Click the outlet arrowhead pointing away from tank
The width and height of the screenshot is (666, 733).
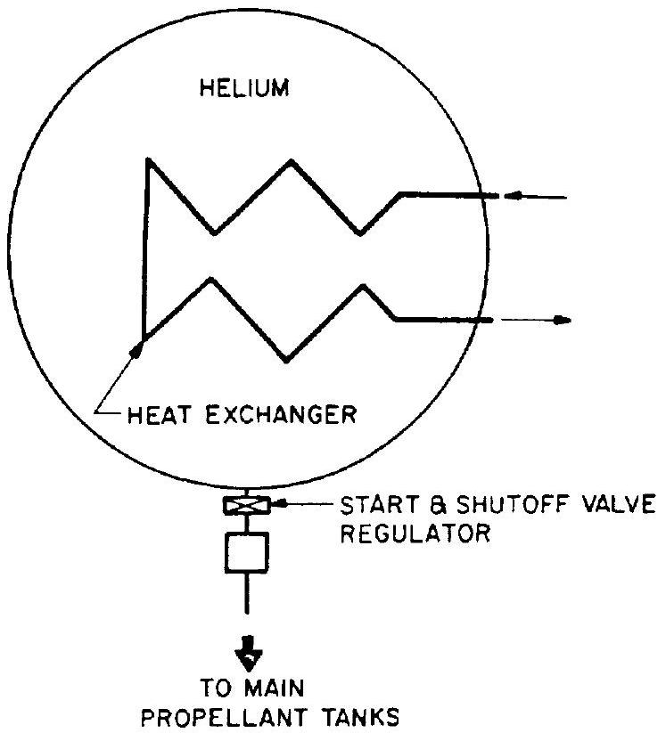pyautogui.click(x=562, y=319)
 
